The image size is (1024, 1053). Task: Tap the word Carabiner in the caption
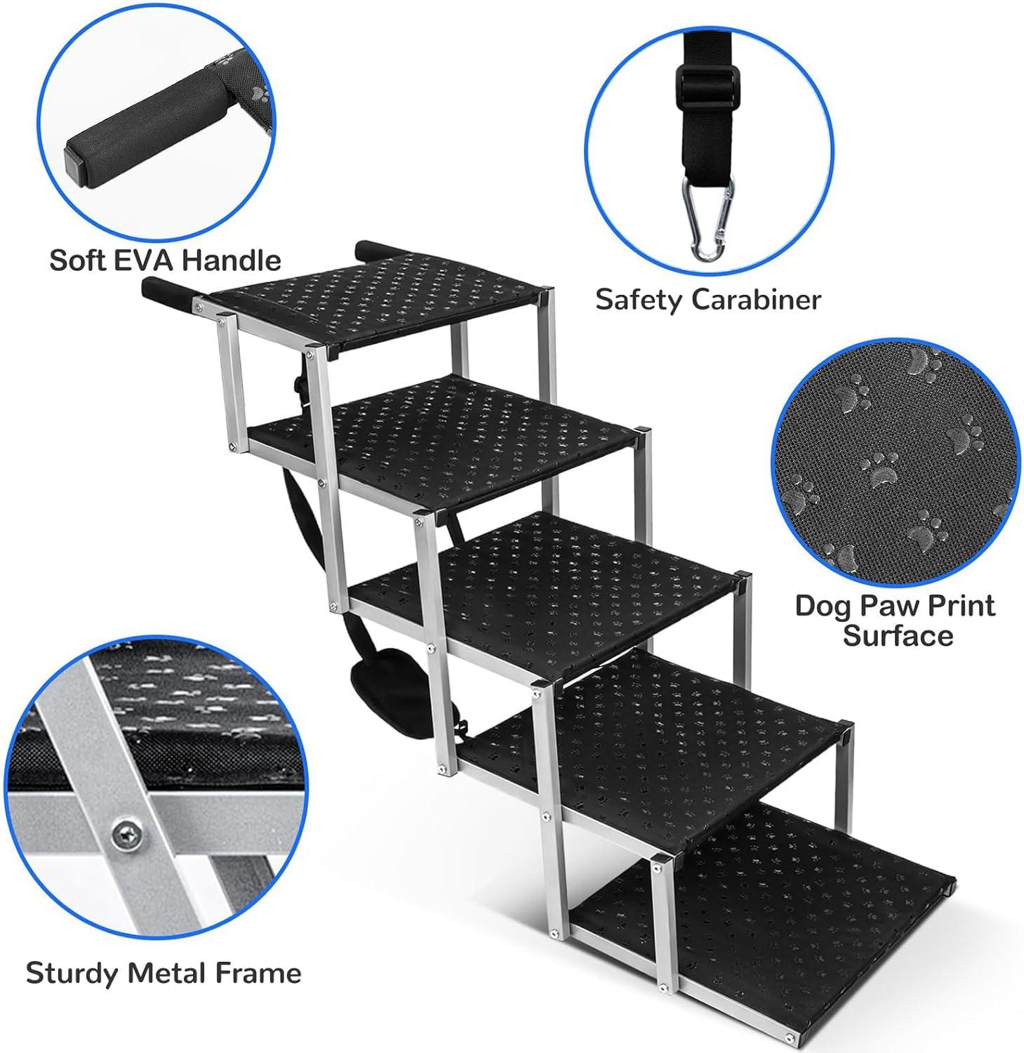(x=756, y=300)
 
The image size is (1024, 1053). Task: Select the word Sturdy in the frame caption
(x=71, y=974)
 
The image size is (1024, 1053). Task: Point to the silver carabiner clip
(x=707, y=217)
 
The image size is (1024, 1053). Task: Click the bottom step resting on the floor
(x=786, y=906)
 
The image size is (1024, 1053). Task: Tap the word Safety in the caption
(x=639, y=300)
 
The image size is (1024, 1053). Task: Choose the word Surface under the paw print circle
(x=898, y=636)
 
